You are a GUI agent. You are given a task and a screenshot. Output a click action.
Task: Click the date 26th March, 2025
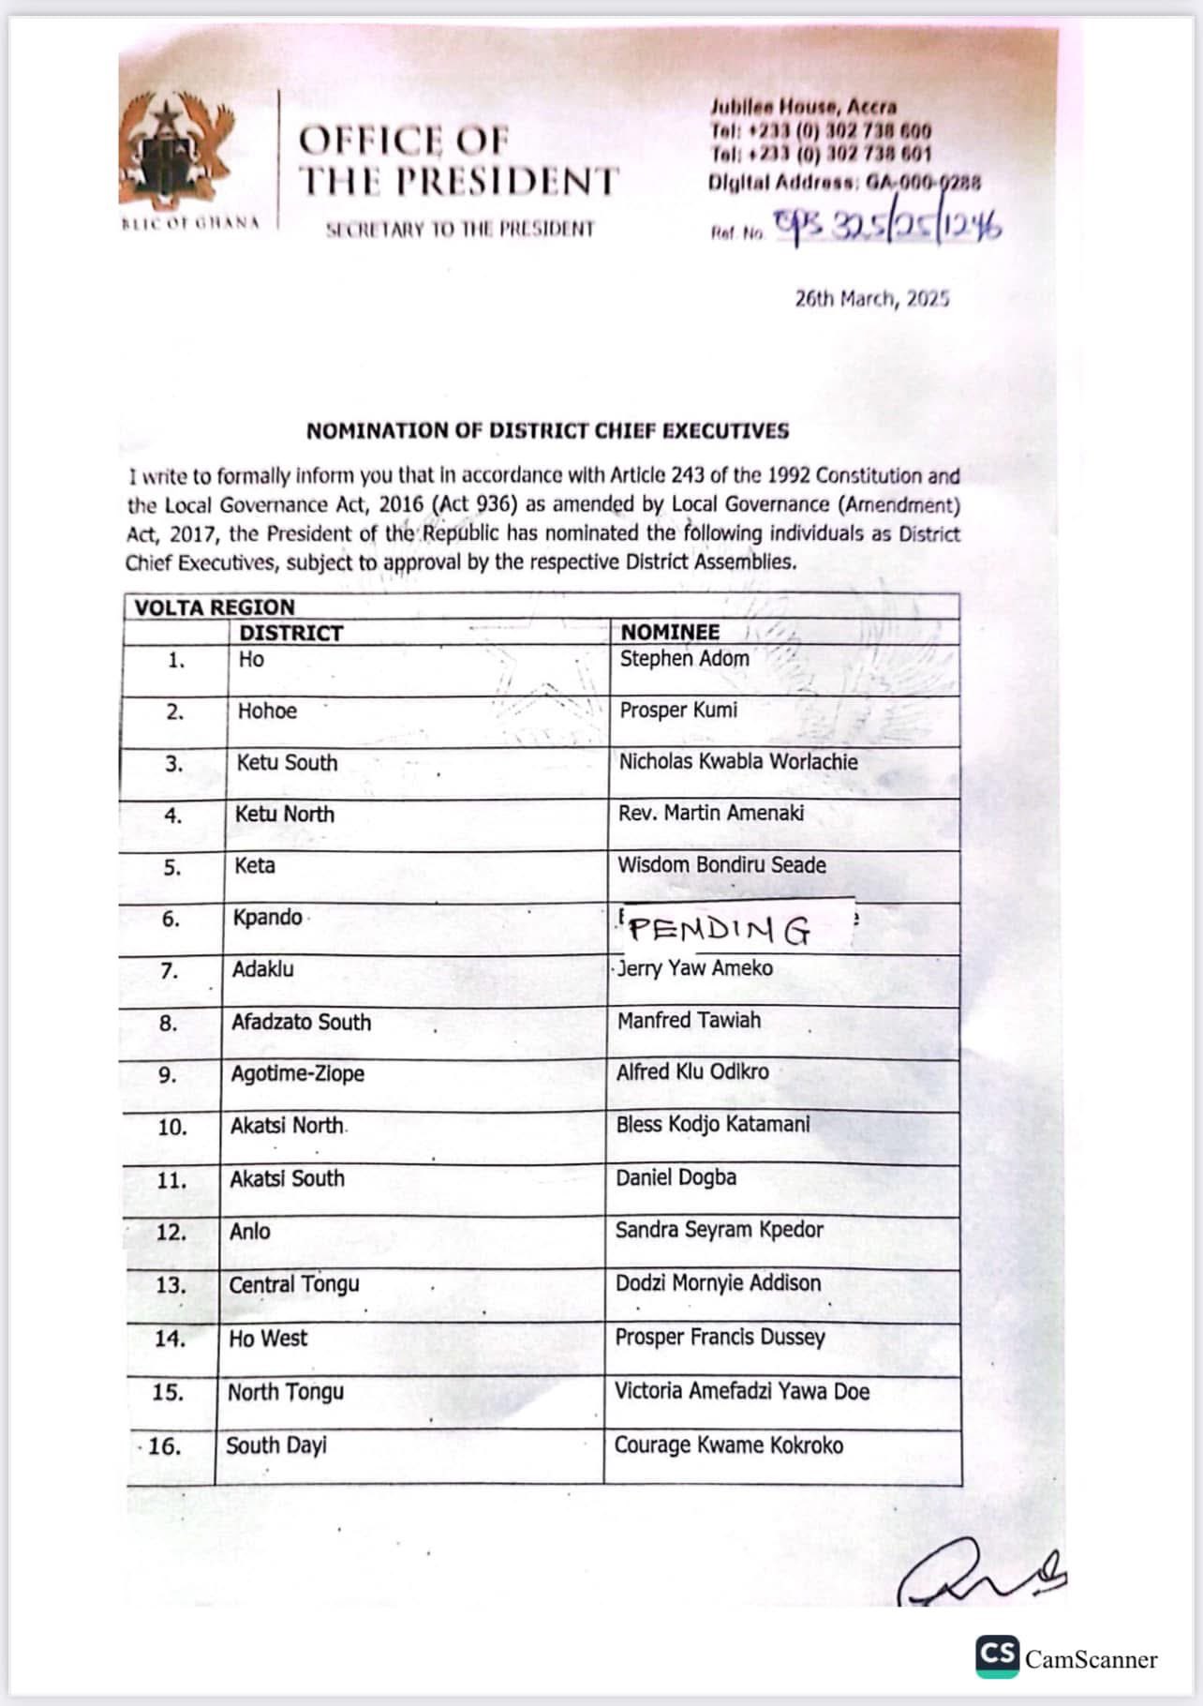click(x=871, y=299)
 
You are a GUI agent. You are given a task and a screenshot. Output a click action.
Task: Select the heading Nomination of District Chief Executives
click(x=547, y=431)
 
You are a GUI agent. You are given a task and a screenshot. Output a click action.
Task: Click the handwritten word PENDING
click(x=720, y=930)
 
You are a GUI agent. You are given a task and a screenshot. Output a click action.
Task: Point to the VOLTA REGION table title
click(x=214, y=606)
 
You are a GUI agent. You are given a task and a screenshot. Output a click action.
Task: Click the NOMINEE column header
click(x=670, y=632)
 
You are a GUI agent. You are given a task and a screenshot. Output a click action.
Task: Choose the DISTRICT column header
click(x=290, y=633)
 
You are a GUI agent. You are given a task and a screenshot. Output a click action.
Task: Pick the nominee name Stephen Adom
click(x=684, y=659)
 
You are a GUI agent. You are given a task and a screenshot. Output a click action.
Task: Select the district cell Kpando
click(x=267, y=917)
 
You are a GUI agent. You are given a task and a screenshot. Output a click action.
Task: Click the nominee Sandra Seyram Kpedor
click(x=719, y=1230)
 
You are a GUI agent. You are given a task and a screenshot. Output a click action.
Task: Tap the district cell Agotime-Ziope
click(x=297, y=1073)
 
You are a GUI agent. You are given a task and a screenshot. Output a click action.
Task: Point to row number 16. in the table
click(x=164, y=1446)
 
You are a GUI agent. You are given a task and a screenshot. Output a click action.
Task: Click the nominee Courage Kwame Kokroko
click(x=728, y=1445)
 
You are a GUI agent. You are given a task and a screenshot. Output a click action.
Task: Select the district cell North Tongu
click(x=285, y=1392)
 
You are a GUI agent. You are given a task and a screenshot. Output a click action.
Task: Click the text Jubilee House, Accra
click(x=803, y=106)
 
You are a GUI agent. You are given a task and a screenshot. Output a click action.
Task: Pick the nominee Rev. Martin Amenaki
click(x=710, y=813)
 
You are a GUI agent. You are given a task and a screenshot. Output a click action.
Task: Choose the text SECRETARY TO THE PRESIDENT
click(x=459, y=229)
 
